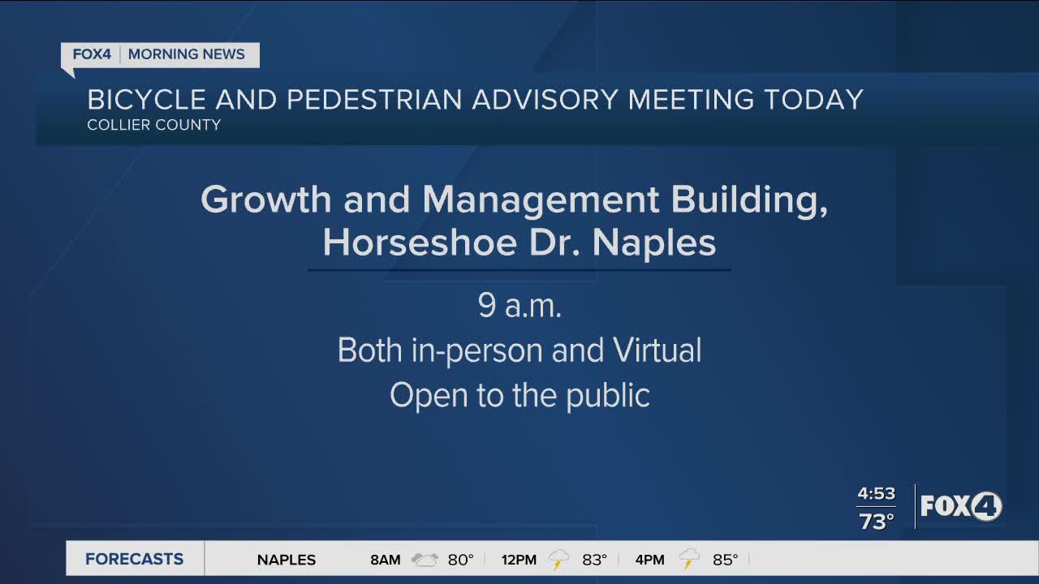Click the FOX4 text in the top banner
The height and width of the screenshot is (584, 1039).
(92, 54)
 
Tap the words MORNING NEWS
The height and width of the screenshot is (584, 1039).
(187, 54)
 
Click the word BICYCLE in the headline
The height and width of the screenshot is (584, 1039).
(147, 100)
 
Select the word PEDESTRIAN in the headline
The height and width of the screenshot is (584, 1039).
(374, 100)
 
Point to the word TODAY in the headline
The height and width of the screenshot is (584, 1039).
(813, 100)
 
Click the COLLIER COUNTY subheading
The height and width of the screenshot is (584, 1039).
(154, 125)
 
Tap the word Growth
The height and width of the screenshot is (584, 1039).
(265, 200)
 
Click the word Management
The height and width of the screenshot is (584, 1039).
(541, 200)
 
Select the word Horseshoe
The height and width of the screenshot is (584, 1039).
(420, 243)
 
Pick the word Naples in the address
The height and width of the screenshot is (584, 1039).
(654, 243)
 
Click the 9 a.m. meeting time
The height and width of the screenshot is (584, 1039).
(519, 306)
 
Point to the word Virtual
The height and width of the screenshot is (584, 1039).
(657, 350)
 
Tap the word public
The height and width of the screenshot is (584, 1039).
(608, 395)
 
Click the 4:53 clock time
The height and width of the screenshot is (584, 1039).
(876, 494)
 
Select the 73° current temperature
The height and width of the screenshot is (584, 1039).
(876, 522)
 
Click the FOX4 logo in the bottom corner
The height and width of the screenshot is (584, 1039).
(961, 505)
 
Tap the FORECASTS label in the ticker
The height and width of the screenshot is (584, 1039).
(134, 559)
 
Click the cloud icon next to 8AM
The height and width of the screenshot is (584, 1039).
(425, 560)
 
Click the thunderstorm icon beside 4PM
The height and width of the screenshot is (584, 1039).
(689, 559)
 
